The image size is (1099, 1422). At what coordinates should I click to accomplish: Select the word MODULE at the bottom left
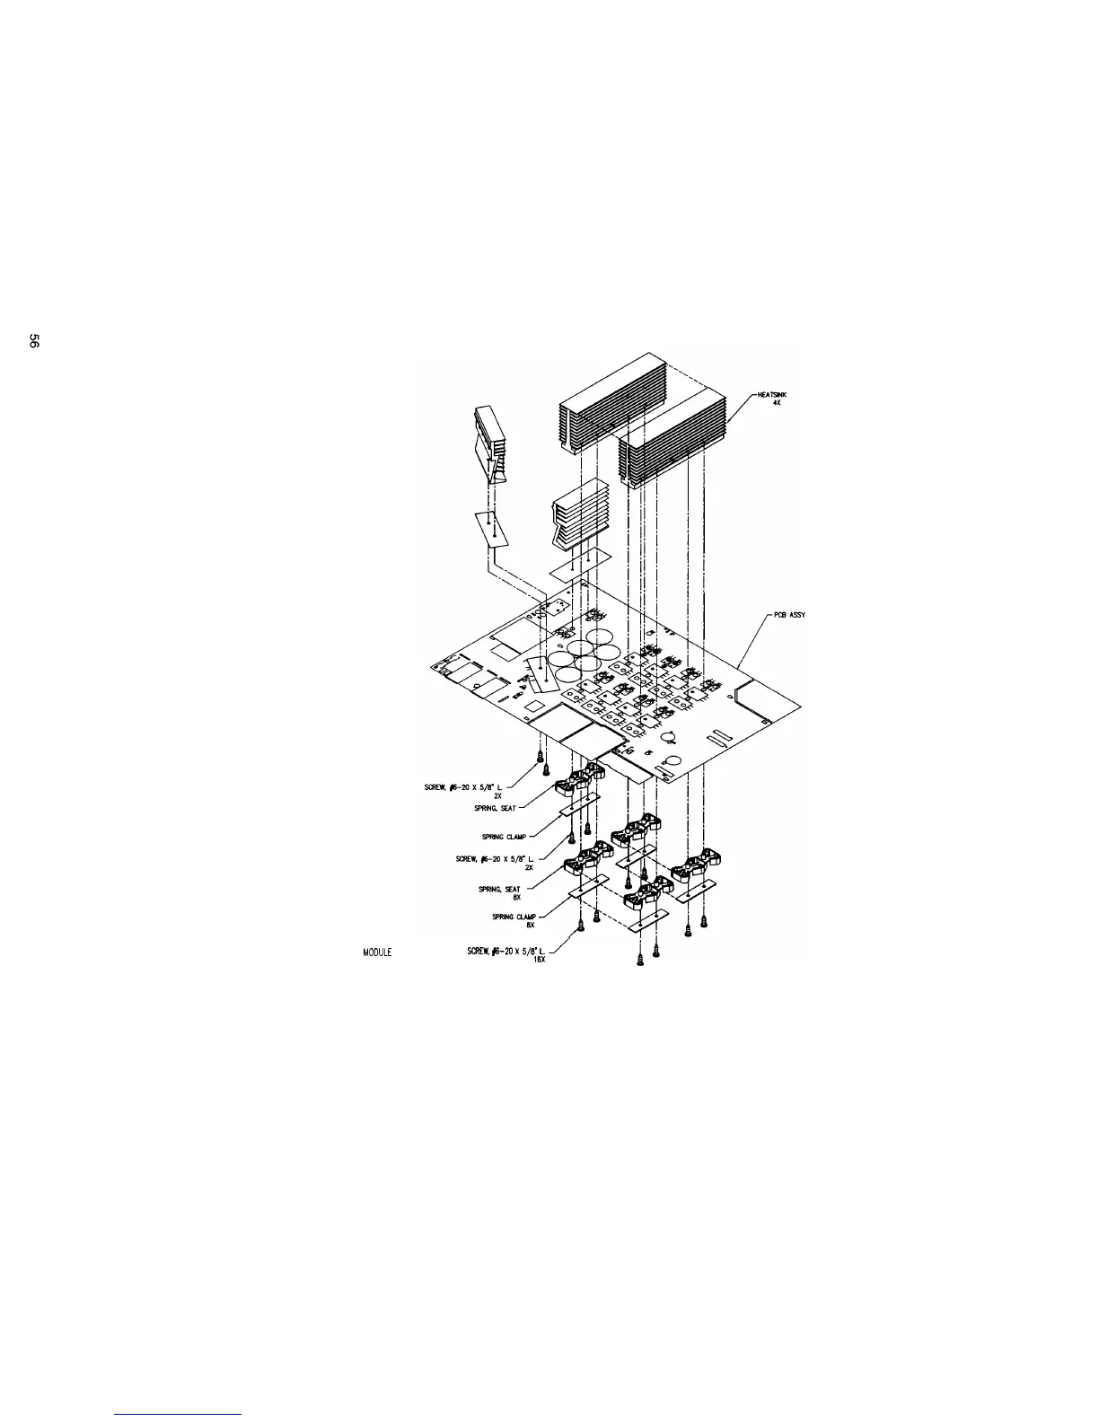point(377,952)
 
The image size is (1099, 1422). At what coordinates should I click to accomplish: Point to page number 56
point(33,341)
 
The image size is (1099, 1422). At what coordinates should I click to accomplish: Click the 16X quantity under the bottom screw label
point(539,959)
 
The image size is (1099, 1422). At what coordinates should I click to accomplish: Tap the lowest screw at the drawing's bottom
point(639,960)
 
